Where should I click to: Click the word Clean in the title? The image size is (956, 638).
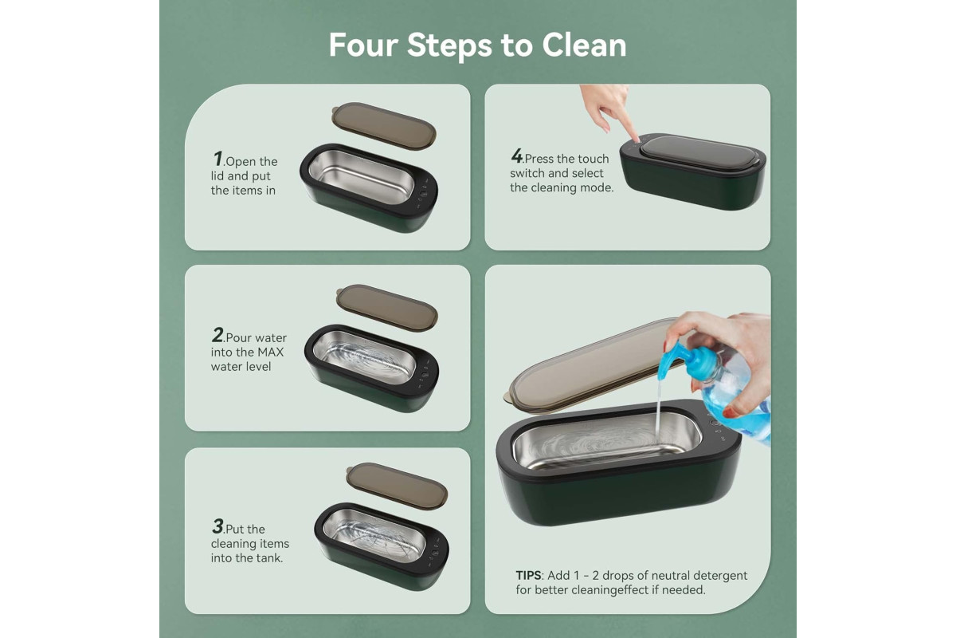click(584, 45)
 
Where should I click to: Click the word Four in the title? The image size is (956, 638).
click(363, 45)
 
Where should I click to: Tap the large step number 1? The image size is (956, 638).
click(218, 159)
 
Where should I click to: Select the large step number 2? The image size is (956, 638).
click(217, 335)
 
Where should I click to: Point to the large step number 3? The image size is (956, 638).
click(217, 526)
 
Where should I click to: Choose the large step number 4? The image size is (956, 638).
click(517, 156)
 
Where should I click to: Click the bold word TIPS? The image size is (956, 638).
click(528, 575)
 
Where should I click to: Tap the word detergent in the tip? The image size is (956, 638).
click(720, 576)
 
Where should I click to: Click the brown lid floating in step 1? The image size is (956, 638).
click(384, 126)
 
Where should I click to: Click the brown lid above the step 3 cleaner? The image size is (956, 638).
click(397, 486)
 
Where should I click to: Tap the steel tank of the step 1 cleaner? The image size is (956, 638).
click(361, 176)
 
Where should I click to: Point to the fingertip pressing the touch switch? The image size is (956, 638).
click(637, 138)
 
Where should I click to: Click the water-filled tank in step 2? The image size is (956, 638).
click(364, 356)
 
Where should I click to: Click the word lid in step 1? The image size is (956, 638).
click(217, 175)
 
